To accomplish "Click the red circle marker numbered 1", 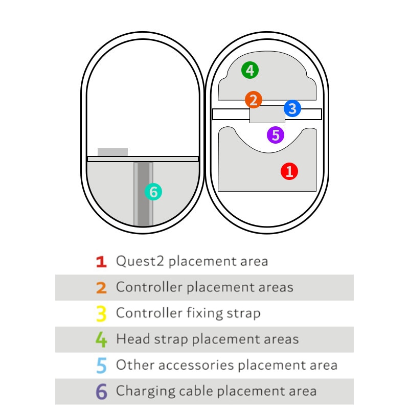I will pos(289,171).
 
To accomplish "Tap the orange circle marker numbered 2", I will pos(253,99).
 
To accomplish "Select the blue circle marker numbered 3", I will pos(292,108).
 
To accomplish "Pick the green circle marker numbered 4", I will pos(250,70).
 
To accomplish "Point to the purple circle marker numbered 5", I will pos(276,135).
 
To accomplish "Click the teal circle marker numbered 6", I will pos(153,192).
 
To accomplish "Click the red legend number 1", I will pos(101,262).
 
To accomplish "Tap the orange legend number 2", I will pos(101,287).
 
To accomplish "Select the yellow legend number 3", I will pos(101,313).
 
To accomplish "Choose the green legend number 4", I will pos(101,339).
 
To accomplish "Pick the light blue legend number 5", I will pos(101,366).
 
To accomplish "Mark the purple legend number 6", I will pos(101,392).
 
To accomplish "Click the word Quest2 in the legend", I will pos(140,261).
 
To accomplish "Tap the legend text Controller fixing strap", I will pos(188,313).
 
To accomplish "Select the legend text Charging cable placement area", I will pos(216,391).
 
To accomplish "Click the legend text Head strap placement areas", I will pos(207,339).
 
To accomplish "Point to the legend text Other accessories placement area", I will pos(226,365).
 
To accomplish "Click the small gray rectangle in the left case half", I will pos(112,152).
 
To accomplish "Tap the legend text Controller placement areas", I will pos(204,287).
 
